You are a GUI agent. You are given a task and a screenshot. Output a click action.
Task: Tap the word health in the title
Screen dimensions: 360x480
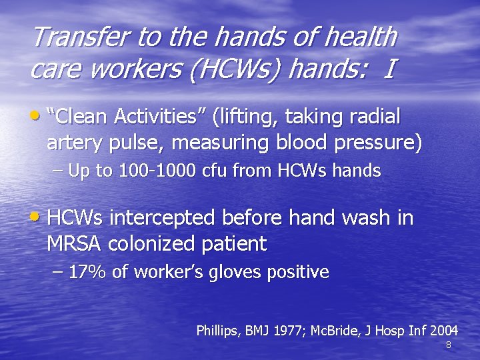coord(361,37)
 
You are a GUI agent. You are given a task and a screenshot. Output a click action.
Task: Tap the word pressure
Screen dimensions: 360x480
coord(374,144)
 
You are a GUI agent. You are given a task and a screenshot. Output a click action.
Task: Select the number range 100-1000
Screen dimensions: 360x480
coord(155,171)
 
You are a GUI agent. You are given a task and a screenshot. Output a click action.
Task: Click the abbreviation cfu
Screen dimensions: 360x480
coord(212,171)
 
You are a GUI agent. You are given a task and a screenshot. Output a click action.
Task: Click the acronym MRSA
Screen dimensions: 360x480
coord(74,244)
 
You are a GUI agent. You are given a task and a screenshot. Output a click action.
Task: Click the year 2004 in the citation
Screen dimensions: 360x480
coord(444,331)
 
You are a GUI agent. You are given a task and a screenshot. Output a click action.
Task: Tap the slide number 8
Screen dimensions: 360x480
coord(448,345)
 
